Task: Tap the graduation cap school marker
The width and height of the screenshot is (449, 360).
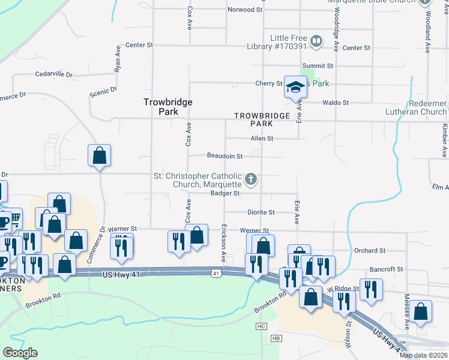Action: point(295,87)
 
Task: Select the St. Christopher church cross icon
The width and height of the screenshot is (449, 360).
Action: point(252,179)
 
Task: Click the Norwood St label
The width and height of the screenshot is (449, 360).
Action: point(246,10)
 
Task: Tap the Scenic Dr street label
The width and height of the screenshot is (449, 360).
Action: point(103,91)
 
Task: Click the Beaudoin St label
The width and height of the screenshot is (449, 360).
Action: point(224,156)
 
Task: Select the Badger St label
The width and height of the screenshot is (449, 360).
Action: point(225,193)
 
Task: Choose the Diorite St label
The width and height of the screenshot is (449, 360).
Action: point(261,212)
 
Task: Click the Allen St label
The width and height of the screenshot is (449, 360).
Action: point(262,139)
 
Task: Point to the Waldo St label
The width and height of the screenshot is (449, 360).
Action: point(336,103)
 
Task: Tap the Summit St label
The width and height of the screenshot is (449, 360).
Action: point(318,66)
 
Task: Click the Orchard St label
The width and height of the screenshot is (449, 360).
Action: point(387,250)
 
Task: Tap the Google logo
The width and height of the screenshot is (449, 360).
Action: point(20,353)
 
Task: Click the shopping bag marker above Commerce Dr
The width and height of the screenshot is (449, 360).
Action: point(99,155)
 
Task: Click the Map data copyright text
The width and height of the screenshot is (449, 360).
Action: point(424,355)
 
